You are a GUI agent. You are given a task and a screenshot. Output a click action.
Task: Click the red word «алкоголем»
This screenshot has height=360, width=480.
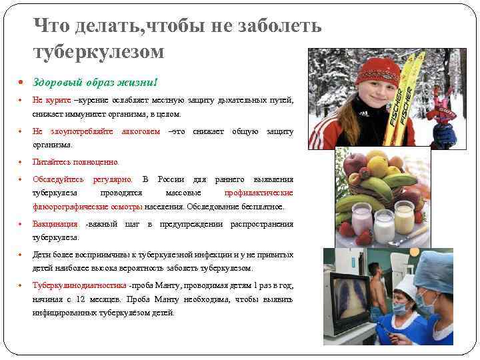[141, 131]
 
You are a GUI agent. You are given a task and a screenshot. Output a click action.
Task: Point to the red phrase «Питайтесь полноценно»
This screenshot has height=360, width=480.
[75, 162]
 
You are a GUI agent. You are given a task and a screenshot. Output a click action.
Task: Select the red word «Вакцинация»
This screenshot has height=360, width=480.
[55, 224]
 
